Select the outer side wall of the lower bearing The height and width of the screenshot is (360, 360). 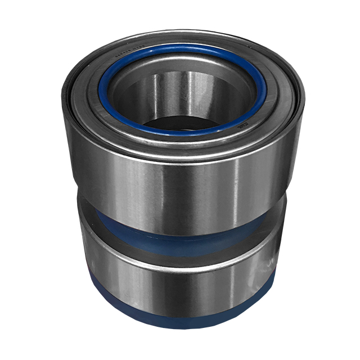124,281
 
